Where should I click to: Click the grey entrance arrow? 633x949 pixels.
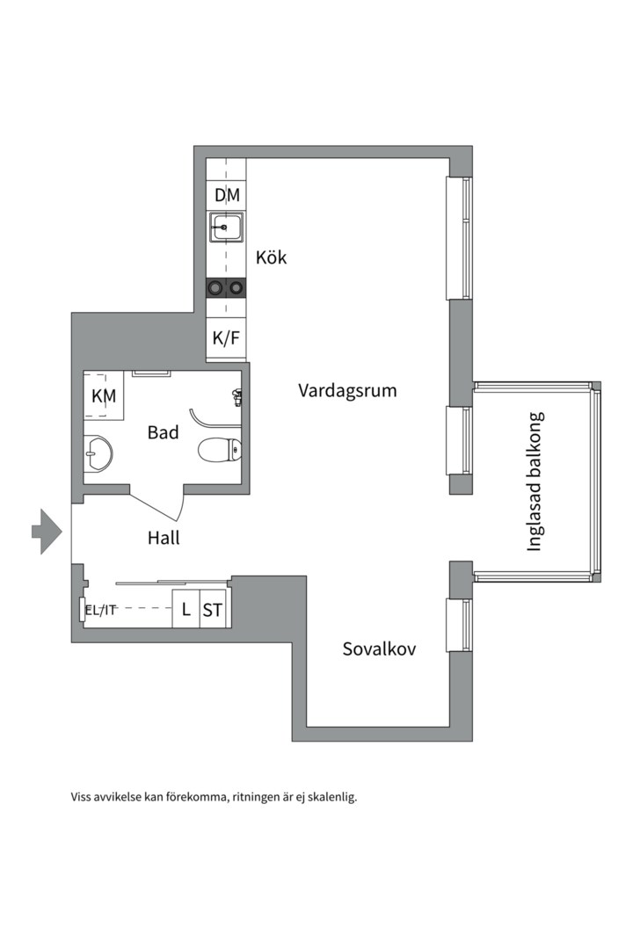coord(46,531)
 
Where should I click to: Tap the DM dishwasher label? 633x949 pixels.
coord(227,195)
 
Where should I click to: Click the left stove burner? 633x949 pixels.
coord(215,286)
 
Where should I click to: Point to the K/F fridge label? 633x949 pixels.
coord(226,337)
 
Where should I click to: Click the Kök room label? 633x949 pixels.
coord(271,258)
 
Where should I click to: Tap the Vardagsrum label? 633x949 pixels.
coord(347,390)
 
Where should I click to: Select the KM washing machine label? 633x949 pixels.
coord(104,396)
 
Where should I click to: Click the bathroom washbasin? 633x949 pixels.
coord(98,453)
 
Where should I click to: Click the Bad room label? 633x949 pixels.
coord(163,432)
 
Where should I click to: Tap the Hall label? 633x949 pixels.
coord(164,538)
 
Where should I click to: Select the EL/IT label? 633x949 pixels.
coord(100,610)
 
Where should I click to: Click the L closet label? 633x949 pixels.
coord(186,610)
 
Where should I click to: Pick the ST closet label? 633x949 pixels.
coord(213,610)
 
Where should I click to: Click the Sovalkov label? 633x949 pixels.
coord(379,649)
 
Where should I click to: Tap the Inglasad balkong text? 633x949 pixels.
coord(535,482)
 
